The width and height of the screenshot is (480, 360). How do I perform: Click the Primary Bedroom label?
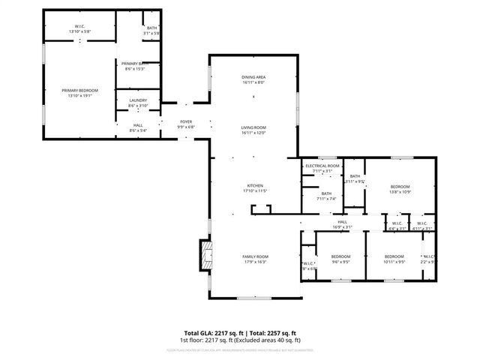(79, 92)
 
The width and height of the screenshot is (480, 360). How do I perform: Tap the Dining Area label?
(253, 79)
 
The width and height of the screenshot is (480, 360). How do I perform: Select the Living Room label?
(253, 130)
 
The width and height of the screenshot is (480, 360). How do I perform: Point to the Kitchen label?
(255, 188)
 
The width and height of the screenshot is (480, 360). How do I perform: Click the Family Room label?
(255, 259)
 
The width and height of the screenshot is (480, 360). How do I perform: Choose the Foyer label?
(187, 124)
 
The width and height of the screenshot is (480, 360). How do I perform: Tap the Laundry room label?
(138, 103)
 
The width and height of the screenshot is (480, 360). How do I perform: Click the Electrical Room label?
(322, 168)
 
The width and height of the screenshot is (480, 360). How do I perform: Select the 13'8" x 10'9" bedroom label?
(400, 188)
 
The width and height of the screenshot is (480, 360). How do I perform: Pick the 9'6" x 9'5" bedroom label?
(341, 259)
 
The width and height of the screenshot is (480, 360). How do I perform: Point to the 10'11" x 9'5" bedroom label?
(394, 259)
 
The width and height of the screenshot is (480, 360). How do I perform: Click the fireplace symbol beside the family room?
(205, 255)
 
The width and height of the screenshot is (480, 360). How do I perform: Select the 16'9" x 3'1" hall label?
(342, 224)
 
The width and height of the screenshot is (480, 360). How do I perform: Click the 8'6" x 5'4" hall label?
(138, 127)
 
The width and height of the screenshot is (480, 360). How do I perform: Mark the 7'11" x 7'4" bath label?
(325, 196)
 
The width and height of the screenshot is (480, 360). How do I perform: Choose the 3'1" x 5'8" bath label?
(152, 30)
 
